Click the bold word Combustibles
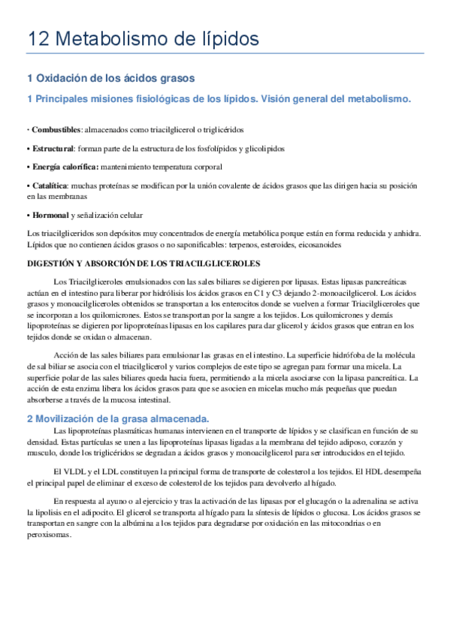pos(56,130)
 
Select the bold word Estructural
pos(53,149)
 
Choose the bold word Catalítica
pos(50,185)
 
